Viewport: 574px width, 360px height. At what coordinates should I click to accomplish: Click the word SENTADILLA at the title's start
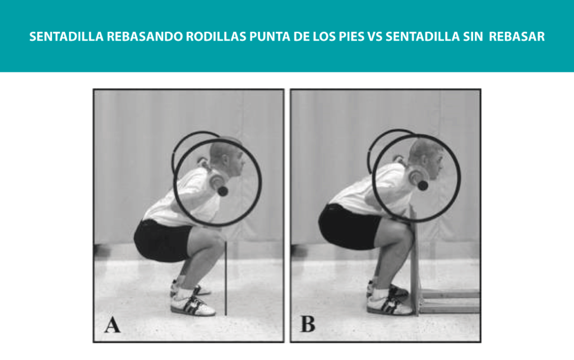point(66,36)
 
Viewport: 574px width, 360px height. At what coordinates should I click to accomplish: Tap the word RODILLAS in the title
point(216,36)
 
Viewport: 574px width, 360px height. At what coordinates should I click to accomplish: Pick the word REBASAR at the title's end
point(517,36)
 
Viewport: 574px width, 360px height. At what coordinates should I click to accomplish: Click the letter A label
point(112,325)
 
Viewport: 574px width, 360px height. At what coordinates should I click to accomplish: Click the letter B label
point(308,324)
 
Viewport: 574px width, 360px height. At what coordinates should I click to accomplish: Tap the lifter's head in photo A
point(228,159)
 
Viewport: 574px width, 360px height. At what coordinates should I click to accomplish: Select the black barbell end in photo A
point(222,191)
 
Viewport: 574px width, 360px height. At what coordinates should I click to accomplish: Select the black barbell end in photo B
point(423,185)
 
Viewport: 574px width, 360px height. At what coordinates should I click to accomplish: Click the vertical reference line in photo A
point(226,278)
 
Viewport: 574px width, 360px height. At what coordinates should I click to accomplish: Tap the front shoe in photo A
point(193,306)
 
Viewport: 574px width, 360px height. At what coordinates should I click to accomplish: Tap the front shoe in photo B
point(390,304)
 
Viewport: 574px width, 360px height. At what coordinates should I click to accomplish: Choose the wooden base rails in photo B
point(450,301)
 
